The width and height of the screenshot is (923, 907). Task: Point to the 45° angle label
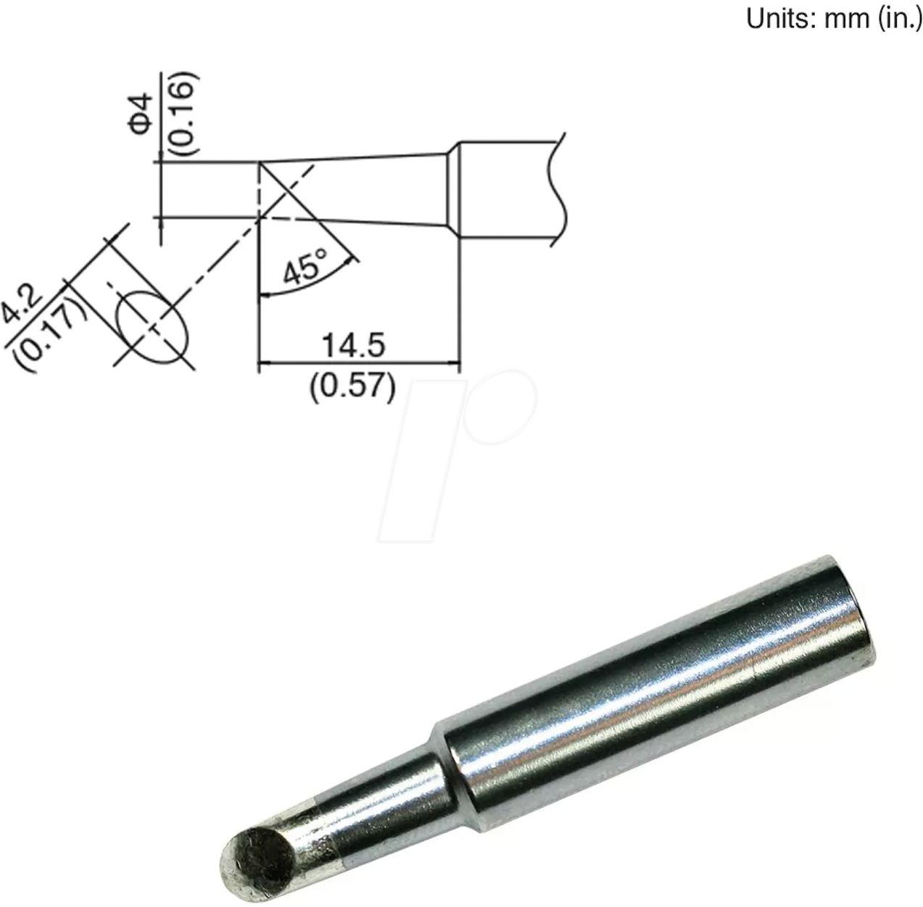[305, 269]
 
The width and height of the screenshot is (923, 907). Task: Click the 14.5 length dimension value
[353, 347]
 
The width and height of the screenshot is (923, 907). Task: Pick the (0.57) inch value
[353, 386]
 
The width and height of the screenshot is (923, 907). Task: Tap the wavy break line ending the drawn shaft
[557, 189]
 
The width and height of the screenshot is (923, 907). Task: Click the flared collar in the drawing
[452, 189]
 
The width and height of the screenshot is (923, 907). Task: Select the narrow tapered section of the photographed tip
[377, 805]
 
